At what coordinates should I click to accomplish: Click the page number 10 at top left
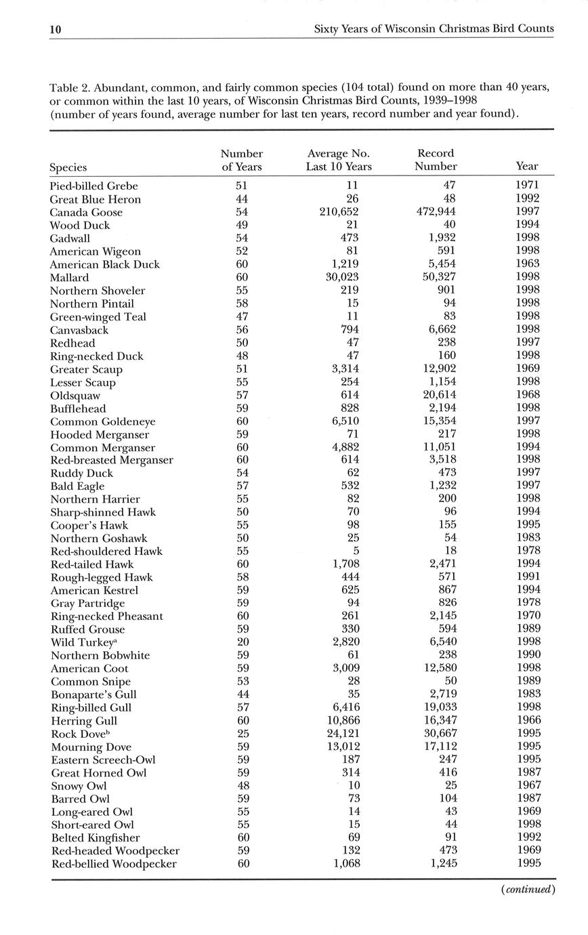(56, 29)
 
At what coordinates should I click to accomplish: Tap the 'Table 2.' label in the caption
(70, 87)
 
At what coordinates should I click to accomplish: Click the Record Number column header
(436, 160)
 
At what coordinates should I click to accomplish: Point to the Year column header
(526, 166)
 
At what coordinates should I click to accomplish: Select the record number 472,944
(434, 212)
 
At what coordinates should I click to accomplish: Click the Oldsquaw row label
(75, 395)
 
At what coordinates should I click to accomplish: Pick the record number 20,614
(437, 395)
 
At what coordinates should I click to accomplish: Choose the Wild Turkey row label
(80, 642)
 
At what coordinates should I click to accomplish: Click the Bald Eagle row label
(77, 486)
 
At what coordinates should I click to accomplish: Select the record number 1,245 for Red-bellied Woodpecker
(440, 864)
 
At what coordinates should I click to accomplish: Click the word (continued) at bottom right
(528, 890)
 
